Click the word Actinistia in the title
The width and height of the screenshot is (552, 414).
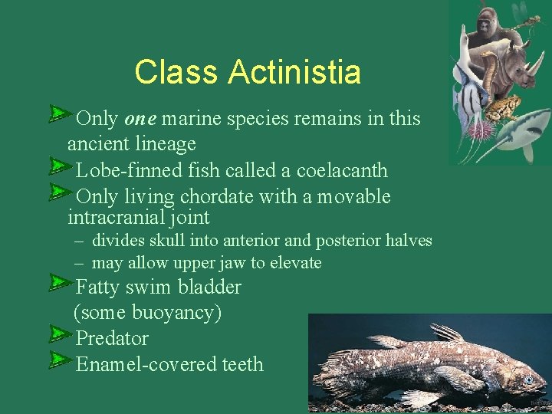pos(294,73)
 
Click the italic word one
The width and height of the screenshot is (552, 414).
pos(140,119)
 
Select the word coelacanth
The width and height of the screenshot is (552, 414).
pos(342,171)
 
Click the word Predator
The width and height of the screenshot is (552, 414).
pos(112,338)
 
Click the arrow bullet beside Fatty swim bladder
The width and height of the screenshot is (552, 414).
pos(58,284)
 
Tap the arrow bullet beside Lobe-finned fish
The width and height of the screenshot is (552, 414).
pos(58,166)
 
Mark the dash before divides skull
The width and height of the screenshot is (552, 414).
pos(79,241)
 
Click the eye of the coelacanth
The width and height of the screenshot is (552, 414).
pos(528,379)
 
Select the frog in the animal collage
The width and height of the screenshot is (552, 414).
pos(504,107)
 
